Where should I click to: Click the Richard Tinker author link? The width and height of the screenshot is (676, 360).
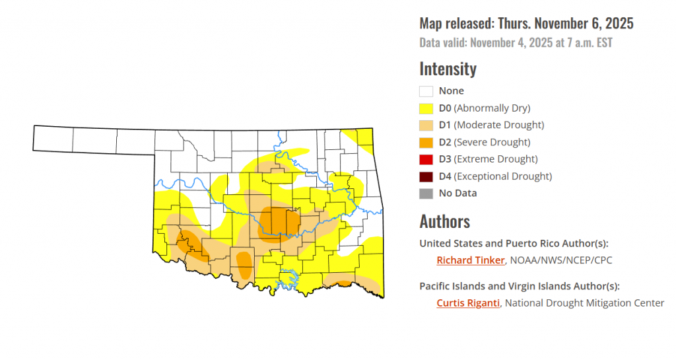470,260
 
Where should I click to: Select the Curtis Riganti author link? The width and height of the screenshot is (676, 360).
467,303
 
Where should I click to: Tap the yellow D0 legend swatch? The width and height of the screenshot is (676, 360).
426,108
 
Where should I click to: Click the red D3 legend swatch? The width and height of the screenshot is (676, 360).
426,159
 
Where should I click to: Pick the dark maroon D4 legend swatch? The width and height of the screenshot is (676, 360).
426,176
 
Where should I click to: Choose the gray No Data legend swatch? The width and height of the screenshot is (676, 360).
426,194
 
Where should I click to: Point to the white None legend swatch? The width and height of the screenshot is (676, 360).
426,91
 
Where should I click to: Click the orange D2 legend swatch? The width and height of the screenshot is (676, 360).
426,142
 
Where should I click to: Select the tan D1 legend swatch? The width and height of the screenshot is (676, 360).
426,126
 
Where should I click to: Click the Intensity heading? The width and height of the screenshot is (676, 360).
448,69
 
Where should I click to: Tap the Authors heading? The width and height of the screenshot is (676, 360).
444,221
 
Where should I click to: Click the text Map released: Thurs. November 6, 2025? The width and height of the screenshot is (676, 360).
526,24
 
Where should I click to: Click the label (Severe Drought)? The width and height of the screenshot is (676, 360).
492,142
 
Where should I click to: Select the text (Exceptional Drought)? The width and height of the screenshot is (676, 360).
503,176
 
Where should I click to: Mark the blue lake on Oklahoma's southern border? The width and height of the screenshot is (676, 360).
288,277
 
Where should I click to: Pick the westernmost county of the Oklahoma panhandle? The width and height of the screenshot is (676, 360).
53,139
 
